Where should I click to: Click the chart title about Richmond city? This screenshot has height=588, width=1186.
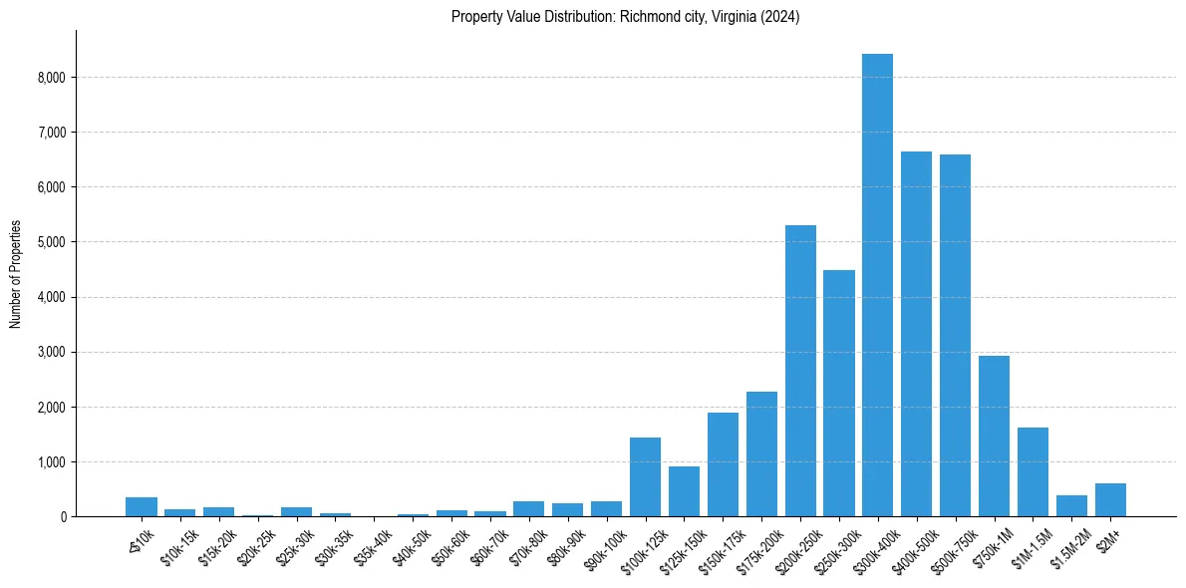point(625,17)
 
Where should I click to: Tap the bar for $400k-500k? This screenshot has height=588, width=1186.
point(916,334)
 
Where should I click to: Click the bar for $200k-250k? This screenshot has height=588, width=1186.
point(800,371)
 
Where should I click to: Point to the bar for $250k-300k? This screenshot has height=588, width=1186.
point(838,394)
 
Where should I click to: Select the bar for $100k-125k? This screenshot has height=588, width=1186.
point(645,477)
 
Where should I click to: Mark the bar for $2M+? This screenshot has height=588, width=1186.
point(1110,500)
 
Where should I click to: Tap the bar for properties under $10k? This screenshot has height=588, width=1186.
point(142,506)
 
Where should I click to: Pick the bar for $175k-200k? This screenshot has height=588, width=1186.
point(761,454)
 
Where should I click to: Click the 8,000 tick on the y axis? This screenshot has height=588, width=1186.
point(50,78)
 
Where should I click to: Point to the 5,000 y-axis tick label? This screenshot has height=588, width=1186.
point(50,242)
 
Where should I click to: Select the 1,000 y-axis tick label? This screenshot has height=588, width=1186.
point(50,462)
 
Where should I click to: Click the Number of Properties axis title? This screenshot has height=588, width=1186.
point(16,274)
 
